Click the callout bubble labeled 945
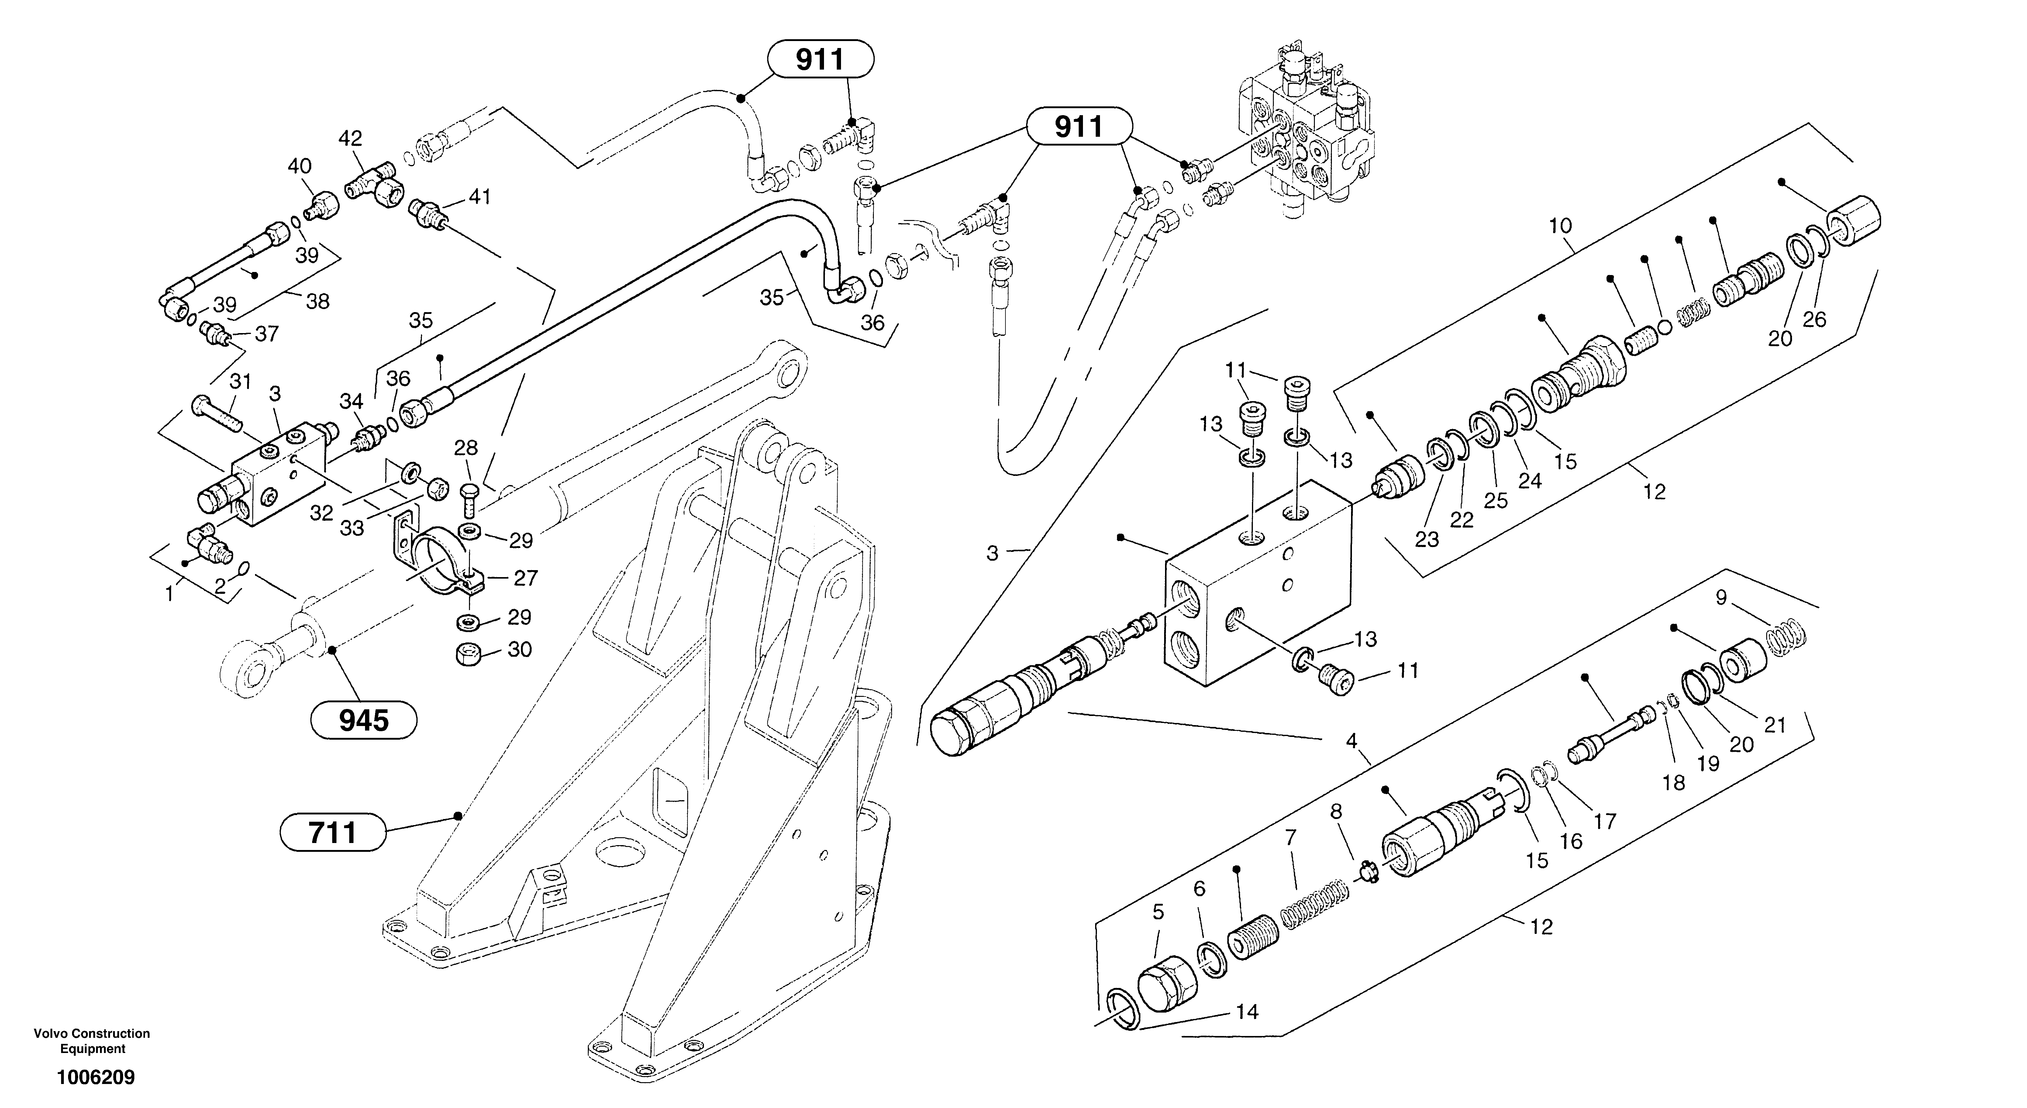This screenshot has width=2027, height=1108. pos(364,720)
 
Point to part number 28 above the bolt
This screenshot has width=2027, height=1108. pos(466,448)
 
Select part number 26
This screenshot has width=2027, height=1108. pos(1815,319)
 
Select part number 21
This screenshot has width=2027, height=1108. pos(1775,725)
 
